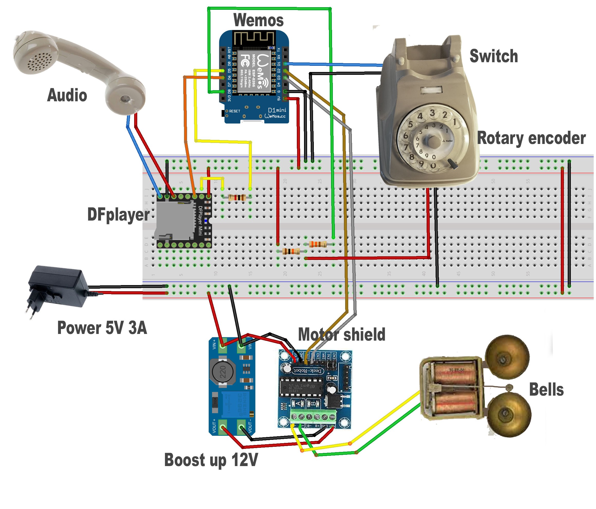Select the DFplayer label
118,215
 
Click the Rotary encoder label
531,138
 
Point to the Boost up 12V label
211,460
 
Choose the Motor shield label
342,334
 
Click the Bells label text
546,390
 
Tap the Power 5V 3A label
102,328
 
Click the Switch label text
494,56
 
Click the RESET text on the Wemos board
234,111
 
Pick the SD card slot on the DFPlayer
174,220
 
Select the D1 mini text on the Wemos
277,110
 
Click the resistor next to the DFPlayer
237,198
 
